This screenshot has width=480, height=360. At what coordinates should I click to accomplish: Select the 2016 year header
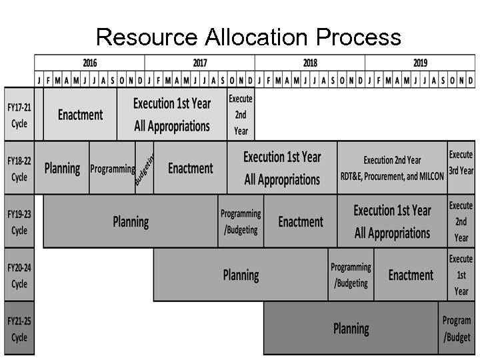pyautogui.click(x=89, y=63)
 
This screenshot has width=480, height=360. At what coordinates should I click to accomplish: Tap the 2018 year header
pyautogui.click(x=310, y=63)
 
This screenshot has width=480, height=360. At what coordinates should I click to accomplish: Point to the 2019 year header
pyautogui.click(x=420, y=63)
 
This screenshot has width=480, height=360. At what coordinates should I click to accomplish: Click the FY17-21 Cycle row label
pyautogui.click(x=19, y=115)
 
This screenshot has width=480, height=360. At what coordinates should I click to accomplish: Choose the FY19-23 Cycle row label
pyautogui.click(x=19, y=221)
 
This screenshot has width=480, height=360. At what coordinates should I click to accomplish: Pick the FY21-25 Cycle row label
pyautogui.click(x=19, y=329)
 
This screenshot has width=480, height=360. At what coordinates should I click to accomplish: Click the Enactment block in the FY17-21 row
pyautogui.click(x=80, y=115)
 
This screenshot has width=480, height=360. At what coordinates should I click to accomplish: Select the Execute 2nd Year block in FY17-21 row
pyautogui.click(x=241, y=115)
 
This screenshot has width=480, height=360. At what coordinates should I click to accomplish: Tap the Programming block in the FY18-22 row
pyautogui.click(x=112, y=169)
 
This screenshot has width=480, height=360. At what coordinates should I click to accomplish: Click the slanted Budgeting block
pyautogui.click(x=144, y=169)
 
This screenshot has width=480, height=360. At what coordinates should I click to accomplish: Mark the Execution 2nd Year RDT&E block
pyautogui.click(x=392, y=169)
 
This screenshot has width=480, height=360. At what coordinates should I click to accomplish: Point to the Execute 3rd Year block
pyautogui.click(x=461, y=163)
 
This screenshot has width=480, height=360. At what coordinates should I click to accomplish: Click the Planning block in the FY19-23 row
pyautogui.click(x=131, y=221)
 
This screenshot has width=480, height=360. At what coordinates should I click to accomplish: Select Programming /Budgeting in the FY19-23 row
pyautogui.click(x=241, y=221)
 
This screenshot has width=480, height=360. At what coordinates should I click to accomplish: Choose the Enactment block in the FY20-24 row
pyautogui.click(x=411, y=275)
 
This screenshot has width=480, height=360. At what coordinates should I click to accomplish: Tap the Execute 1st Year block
pyautogui.click(x=461, y=275)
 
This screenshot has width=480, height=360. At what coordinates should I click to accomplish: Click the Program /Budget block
pyautogui.click(x=457, y=329)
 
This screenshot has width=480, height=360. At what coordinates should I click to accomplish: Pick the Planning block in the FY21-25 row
pyautogui.click(x=351, y=329)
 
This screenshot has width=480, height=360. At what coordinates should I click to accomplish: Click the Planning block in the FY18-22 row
pyautogui.click(x=62, y=169)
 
